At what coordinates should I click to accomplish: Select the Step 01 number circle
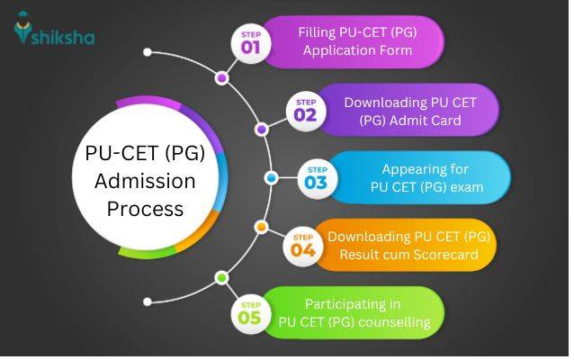point(252,43)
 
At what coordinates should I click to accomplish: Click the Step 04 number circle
point(303,245)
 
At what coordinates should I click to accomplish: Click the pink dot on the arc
point(221,78)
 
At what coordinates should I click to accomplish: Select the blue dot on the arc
point(270,178)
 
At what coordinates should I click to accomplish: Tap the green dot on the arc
point(221,278)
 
